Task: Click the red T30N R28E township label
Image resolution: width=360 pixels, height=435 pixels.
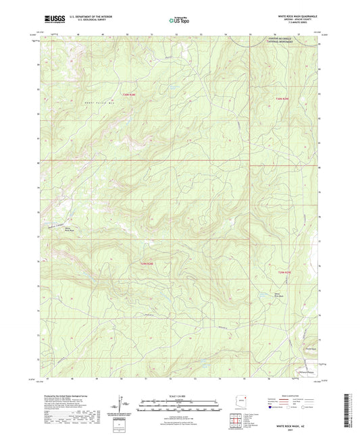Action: click(x=129, y=94)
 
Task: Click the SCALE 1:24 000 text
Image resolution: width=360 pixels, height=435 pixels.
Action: click(x=179, y=396)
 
